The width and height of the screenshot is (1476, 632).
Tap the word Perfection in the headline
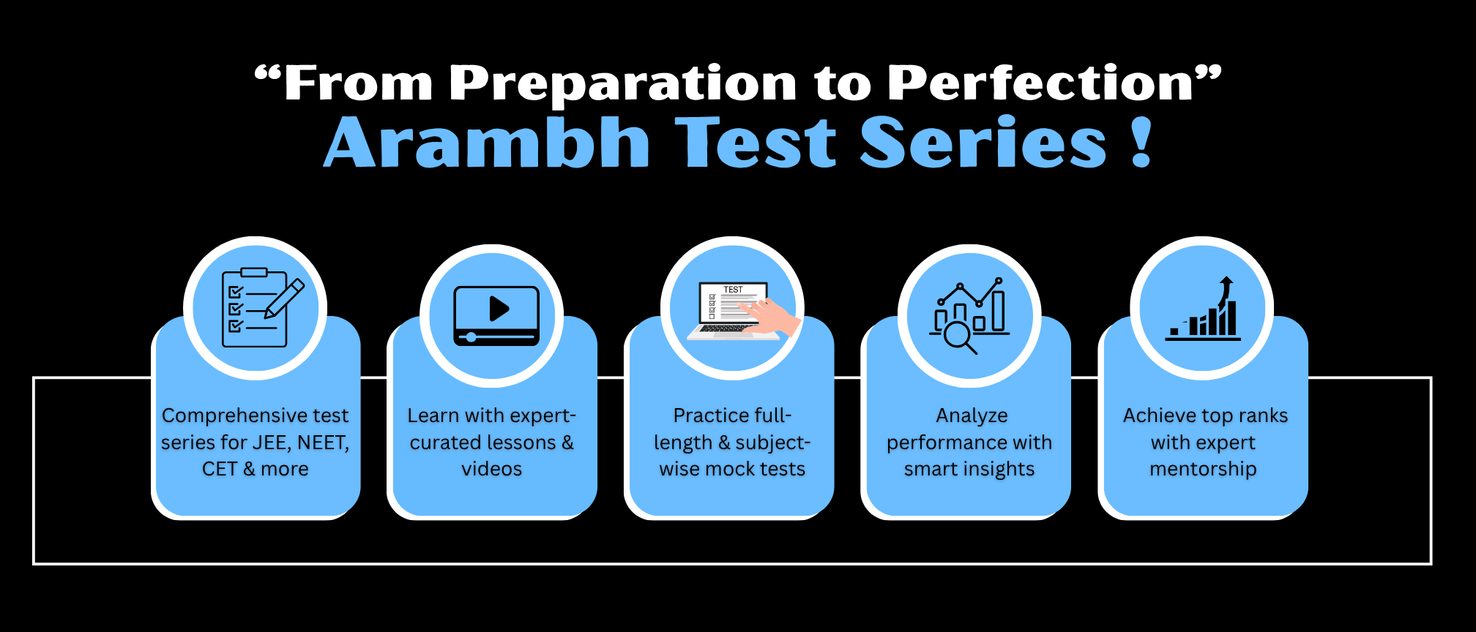pos(1040,82)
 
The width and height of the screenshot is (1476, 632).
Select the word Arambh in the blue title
pos(487,143)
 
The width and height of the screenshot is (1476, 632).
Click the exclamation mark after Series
pos(1141,143)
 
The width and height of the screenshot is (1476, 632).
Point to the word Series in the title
pos(983,143)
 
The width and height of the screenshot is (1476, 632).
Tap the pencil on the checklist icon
pos(285,298)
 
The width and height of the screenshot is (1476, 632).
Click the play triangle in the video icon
pos(499,309)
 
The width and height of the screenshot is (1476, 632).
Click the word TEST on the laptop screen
pos(733,290)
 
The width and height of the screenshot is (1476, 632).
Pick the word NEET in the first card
pos(322,443)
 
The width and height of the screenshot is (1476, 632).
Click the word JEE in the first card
pos(270,443)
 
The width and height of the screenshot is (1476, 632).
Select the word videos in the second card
pos(491,469)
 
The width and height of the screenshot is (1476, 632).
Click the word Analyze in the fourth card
pos(972,416)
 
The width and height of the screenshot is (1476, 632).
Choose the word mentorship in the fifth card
pos(1203,470)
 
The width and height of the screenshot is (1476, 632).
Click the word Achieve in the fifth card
pos(1160,415)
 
